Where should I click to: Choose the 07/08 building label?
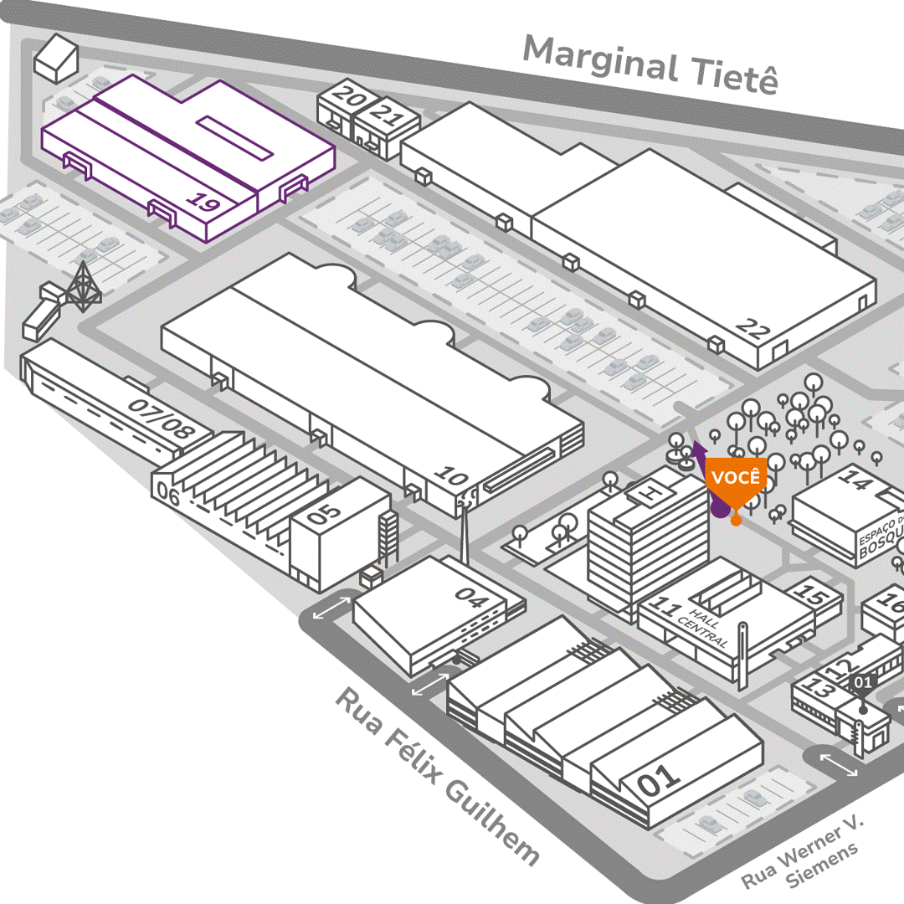tap(162, 420)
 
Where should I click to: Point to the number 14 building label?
tap(855, 480)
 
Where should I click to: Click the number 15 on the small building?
tap(811, 595)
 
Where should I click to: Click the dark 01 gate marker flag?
tap(863, 682)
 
